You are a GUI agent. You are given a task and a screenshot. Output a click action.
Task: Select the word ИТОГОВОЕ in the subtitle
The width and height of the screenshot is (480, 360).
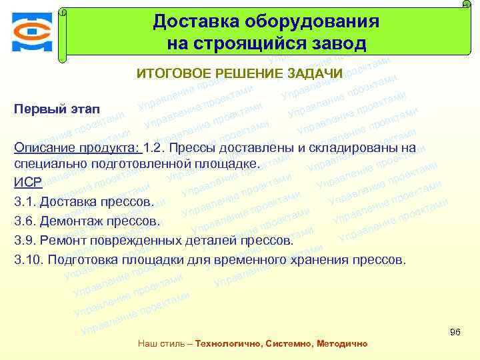(x=173, y=73)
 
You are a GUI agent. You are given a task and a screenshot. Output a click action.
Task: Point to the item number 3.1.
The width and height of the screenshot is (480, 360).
(x=25, y=201)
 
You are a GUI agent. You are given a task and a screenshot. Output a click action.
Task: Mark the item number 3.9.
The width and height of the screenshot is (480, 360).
(x=25, y=240)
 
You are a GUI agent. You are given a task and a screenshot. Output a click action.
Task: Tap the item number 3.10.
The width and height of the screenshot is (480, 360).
(x=29, y=259)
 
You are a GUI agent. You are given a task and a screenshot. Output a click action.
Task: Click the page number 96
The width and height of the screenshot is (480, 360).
(x=455, y=332)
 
